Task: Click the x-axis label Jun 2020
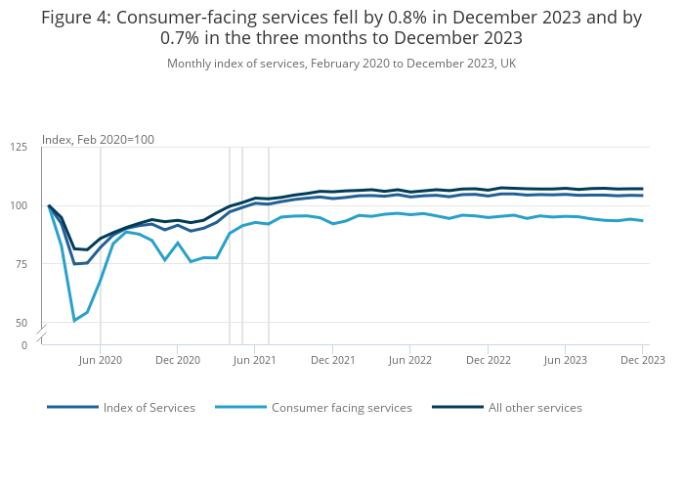[x=100, y=360]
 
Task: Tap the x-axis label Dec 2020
[x=177, y=360]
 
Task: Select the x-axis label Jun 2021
[x=254, y=360]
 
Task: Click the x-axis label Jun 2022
[x=410, y=360]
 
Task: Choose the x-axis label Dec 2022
[x=488, y=360]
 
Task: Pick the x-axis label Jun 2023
[x=565, y=360]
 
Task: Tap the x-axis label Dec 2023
[x=643, y=360]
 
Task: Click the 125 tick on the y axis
[x=19, y=147]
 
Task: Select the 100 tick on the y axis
[x=19, y=205]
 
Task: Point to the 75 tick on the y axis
[x=21, y=264]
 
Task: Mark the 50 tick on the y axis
[x=21, y=323]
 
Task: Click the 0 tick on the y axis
[x=24, y=345]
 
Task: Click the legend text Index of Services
[x=149, y=408]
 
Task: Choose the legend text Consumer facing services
[x=341, y=408]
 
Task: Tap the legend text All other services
[x=534, y=408]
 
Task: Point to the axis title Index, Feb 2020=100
[x=98, y=140]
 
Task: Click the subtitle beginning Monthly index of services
[x=341, y=64]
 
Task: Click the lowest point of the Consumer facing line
[x=74, y=321]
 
